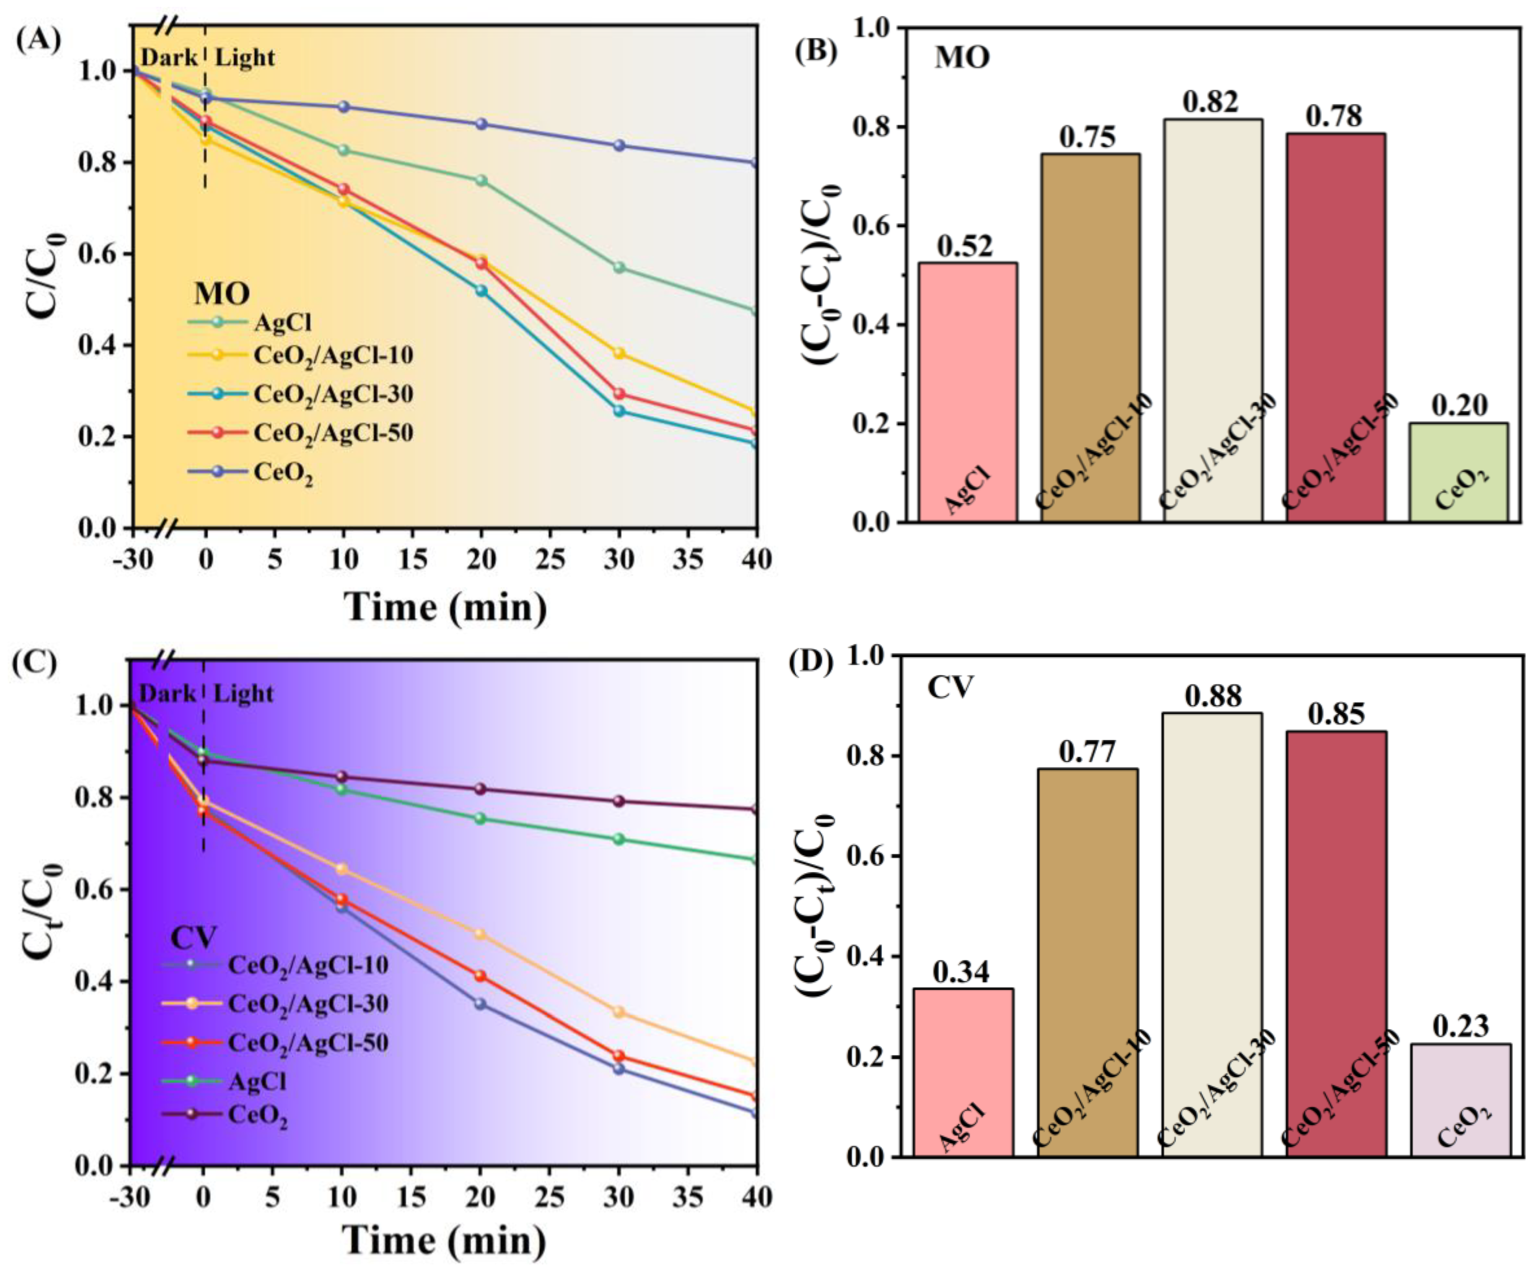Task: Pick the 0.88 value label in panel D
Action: tap(1213, 696)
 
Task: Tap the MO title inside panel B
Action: tap(962, 57)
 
